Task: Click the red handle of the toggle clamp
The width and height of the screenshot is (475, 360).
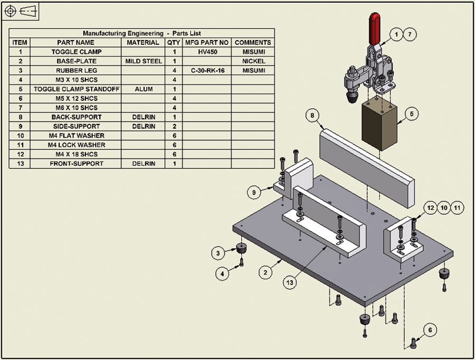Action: [373, 29]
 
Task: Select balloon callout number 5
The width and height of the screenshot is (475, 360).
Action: [412, 113]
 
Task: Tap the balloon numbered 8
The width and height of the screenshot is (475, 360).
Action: [312, 115]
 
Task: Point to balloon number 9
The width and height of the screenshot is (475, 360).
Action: [254, 193]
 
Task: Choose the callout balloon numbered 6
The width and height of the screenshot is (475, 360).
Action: [430, 330]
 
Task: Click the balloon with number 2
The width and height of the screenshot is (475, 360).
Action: [265, 272]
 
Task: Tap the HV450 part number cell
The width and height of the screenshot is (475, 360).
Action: [207, 52]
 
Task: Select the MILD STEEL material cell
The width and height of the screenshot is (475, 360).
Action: [143, 61]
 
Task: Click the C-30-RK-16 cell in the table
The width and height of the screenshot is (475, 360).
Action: [207, 70]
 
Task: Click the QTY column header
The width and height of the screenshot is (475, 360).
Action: [173, 42]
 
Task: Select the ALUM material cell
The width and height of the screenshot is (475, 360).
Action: [143, 89]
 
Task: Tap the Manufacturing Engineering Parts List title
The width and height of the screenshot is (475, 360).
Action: [142, 33]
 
